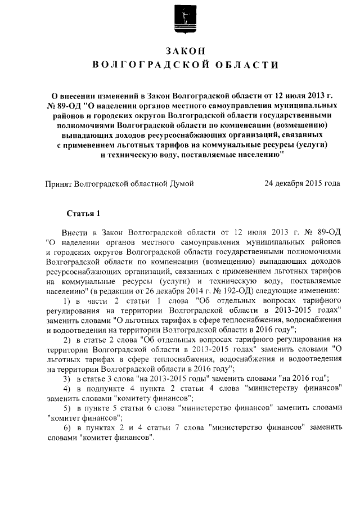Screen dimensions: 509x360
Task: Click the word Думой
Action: click(x=179, y=183)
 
